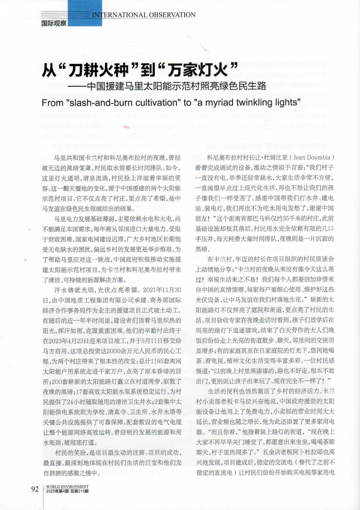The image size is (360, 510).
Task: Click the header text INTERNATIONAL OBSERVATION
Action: point(144,15)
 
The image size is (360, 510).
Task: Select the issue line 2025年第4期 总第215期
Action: point(67,491)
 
